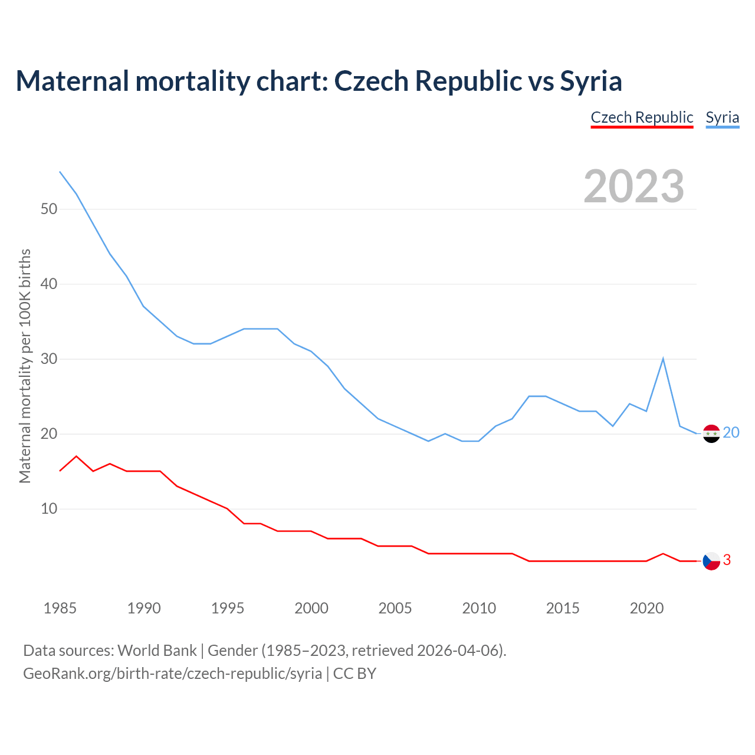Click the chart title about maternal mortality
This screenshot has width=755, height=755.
[319, 81]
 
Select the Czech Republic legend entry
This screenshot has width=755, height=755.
[642, 117]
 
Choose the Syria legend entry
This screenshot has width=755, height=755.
[722, 117]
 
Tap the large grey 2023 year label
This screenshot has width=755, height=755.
[633, 186]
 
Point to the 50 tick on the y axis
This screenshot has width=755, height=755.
[49, 209]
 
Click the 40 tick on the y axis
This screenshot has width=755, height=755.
[49, 284]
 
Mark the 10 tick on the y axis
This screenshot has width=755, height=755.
[49, 508]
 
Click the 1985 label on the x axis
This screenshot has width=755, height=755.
[60, 608]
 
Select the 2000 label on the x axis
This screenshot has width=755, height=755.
[311, 608]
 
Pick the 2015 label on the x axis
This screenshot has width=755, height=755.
[563, 608]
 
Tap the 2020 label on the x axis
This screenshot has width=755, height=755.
[646, 608]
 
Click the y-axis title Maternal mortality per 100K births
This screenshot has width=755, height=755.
[25, 366]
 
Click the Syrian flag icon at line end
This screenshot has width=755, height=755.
[711, 434]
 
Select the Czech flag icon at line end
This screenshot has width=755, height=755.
[711, 561]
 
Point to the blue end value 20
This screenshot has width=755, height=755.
[731, 433]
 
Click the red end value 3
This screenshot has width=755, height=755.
[727, 560]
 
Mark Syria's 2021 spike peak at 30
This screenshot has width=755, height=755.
[663, 359]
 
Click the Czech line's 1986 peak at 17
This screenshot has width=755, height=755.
[77, 456]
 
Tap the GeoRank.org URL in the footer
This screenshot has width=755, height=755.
[172, 673]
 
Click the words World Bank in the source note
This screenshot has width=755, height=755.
[157, 651]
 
